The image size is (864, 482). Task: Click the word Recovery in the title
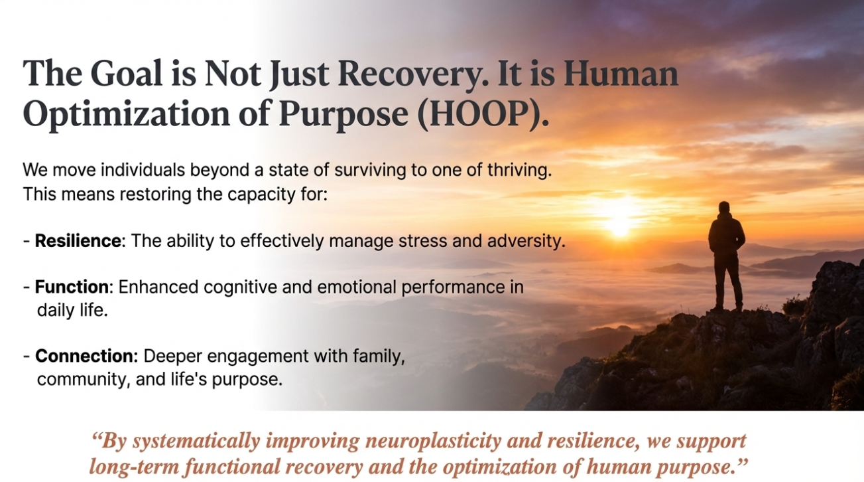412,74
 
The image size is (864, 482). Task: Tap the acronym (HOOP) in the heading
483,114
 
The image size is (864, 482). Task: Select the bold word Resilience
78,240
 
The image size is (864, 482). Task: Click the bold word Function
72,287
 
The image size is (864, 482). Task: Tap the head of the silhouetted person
724,207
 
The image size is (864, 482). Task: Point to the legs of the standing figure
727,281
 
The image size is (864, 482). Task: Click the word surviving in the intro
370,171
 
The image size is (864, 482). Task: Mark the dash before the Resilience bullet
27,242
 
